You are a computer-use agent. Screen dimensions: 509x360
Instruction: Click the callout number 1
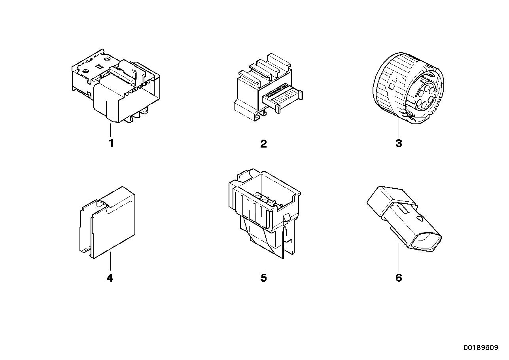(x=111, y=143)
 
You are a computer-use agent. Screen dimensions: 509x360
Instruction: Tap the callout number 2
(x=263, y=144)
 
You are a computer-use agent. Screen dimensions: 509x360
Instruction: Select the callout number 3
(x=399, y=144)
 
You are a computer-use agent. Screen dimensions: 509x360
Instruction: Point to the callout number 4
(x=110, y=278)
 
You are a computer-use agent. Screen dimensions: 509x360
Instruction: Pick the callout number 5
(x=263, y=278)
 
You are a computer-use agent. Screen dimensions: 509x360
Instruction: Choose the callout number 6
(x=399, y=278)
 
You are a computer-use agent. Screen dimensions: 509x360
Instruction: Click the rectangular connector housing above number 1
(x=116, y=86)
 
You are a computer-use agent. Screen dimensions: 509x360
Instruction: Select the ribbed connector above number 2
(x=268, y=86)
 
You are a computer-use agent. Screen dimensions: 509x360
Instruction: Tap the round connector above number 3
(x=408, y=88)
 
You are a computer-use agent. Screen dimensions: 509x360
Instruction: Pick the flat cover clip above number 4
(x=108, y=222)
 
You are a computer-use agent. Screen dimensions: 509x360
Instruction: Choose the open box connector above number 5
(x=265, y=213)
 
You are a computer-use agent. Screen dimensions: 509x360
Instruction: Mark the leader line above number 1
(x=111, y=130)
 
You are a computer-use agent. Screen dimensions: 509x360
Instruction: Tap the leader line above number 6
(x=399, y=257)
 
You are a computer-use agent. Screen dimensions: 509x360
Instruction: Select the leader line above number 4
(x=111, y=261)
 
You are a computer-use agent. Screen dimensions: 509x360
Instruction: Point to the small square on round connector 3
(x=392, y=86)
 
